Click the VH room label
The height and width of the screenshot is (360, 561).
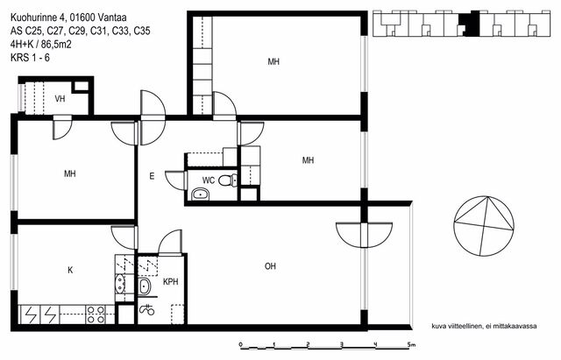point(60,98)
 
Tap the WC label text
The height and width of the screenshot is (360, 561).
point(209,180)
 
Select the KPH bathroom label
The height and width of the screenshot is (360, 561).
point(171,282)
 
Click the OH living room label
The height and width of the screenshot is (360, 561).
point(270,266)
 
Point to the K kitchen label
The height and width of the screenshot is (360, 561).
point(70,270)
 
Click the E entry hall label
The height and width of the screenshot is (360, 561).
point(152,176)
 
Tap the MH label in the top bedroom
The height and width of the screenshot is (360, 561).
point(273,61)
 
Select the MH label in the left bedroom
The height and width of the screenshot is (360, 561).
point(70,173)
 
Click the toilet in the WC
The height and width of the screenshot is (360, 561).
point(228,180)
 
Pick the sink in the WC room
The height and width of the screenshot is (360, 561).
point(201,194)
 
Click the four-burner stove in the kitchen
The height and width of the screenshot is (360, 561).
point(96,314)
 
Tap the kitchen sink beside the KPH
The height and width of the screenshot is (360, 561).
point(120,284)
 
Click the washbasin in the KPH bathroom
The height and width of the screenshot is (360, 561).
point(145,286)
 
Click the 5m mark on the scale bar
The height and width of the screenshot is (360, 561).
point(411,344)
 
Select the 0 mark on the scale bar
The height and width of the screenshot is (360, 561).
point(240,344)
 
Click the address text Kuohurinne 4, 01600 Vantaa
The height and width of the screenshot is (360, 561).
point(68,18)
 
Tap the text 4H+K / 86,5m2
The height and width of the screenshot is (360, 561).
point(41,44)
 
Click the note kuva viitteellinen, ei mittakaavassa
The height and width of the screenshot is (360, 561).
point(484,326)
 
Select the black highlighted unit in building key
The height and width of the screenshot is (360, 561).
point(469,24)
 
